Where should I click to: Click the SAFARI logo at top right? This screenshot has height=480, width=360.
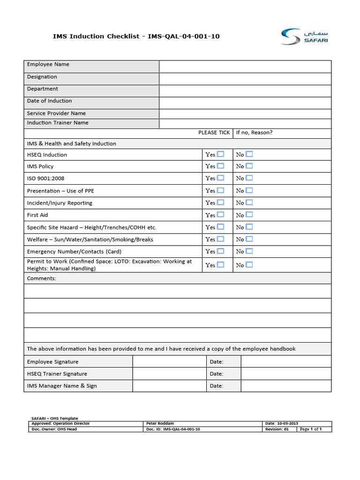304,36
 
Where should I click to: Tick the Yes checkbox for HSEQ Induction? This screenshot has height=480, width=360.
220,154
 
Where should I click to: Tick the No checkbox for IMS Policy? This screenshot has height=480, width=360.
249,166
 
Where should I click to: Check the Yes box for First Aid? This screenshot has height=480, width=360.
220,215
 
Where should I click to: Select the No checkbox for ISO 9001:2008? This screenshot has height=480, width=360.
249,178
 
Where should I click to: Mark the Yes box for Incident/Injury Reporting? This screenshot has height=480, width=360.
220,202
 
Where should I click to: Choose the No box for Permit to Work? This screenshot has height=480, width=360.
249,264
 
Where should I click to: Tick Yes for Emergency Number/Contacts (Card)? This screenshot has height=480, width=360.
220,251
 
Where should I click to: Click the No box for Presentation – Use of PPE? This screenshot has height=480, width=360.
249,190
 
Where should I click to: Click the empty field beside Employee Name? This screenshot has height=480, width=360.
245,66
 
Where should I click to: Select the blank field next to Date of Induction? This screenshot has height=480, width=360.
245,103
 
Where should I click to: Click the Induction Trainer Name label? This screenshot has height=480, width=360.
58,123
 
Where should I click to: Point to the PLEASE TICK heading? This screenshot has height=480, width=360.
214,133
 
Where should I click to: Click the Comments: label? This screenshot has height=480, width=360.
42,278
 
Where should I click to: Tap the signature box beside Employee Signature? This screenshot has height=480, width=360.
169,361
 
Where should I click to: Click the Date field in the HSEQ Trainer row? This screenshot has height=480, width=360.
285,374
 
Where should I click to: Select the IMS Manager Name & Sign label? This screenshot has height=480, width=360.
62,386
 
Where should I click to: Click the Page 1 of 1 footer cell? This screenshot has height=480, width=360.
310,429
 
